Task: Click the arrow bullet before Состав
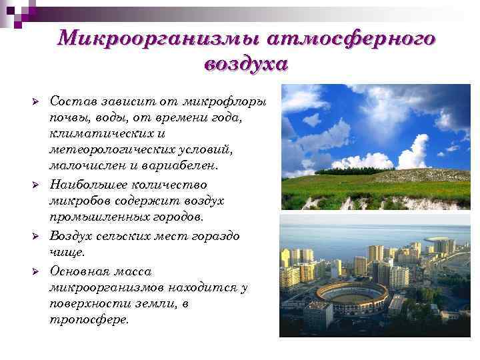tap(37, 101)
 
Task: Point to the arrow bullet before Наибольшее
tap(37, 184)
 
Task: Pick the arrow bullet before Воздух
tap(37, 237)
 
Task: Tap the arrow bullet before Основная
tap(37, 272)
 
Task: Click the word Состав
tap(71, 101)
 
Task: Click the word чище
tap(67, 252)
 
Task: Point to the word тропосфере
tap(89, 320)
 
